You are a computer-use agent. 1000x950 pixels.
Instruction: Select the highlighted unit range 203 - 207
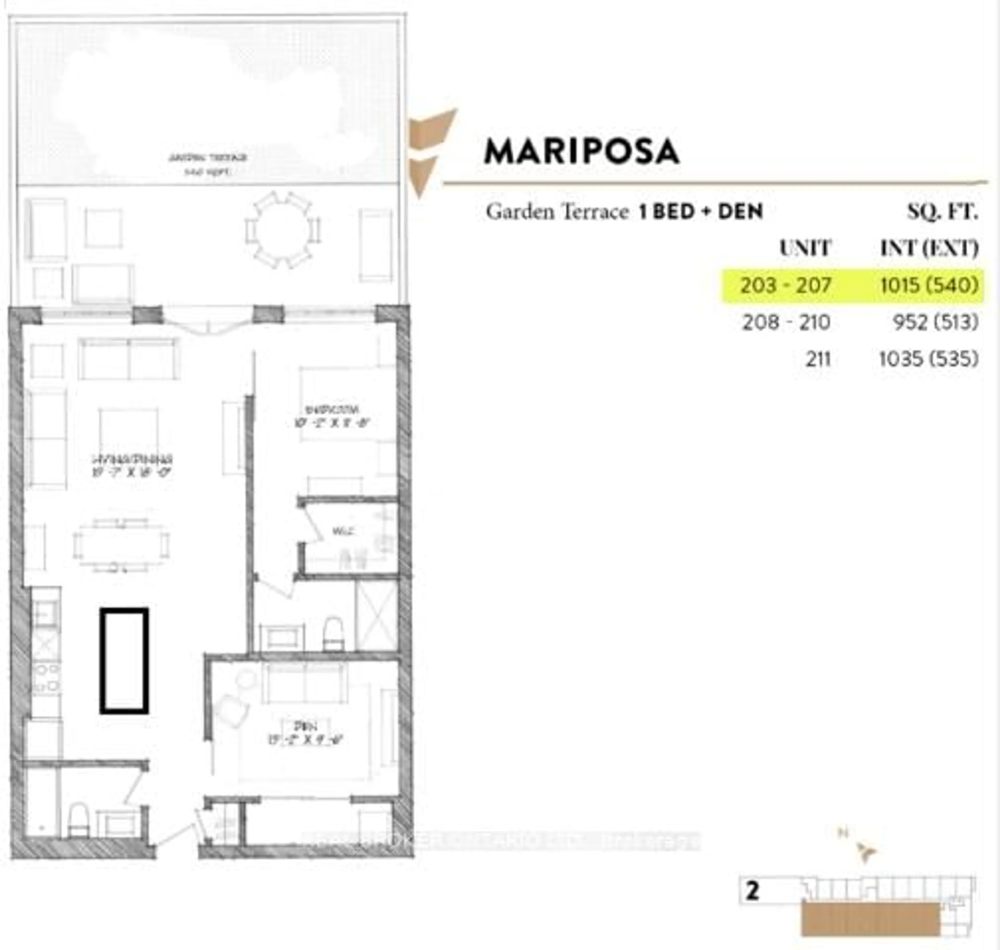pyautogui.click(x=785, y=285)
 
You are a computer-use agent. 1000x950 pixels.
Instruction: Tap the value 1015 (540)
pyautogui.click(x=929, y=285)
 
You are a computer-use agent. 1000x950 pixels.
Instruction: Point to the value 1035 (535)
pyautogui.click(x=928, y=359)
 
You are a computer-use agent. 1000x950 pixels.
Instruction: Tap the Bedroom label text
pyautogui.click(x=332, y=415)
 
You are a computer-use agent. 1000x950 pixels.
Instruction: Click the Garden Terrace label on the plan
pyautogui.click(x=208, y=163)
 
